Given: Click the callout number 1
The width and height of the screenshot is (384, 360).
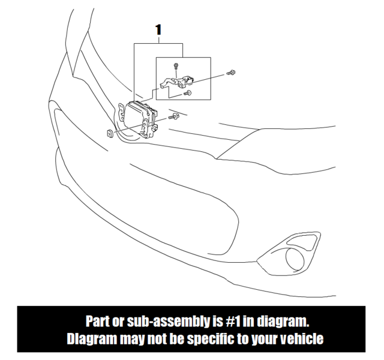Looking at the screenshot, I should click(x=158, y=28).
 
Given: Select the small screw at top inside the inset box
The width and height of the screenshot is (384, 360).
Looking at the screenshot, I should click(x=176, y=65).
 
